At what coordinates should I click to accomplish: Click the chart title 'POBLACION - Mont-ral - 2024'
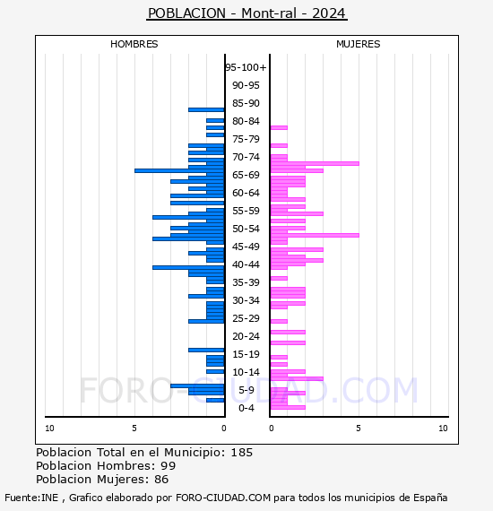click(x=246, y=13)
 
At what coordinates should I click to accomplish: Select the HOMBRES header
click(x=134, y=44)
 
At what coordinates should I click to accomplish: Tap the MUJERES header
click(x=359, y=44)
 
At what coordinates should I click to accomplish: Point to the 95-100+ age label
click(x=246, y=67)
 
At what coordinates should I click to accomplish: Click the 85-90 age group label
click(x=246, y=103)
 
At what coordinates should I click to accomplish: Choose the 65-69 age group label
click(x=246, y=175)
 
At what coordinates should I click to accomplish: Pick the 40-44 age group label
click(x=246, y=264)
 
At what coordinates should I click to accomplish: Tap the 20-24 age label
click(x=246, y=336)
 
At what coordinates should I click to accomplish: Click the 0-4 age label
click(x=246, y=408)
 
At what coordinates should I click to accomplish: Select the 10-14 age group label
click(x=246, y=372)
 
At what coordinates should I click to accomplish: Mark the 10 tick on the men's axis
click(x=49, y=429)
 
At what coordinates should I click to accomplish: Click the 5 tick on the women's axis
click(x=359, y=429)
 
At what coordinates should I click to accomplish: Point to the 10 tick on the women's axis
click(x=443, y=429)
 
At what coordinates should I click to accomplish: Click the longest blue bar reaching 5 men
click(x=179, y=170)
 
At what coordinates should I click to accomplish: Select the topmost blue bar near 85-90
click(x=206, y=110)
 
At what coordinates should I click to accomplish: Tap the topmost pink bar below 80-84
click(x=279, y=127)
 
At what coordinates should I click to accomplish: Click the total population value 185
click(x=241, y=453)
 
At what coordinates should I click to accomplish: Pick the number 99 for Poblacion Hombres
click(x=169, y=465)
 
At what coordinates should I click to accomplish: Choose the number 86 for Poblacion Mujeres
click(x=161, y=479)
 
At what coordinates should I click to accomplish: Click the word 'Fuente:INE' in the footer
click(x=31, y=498)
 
